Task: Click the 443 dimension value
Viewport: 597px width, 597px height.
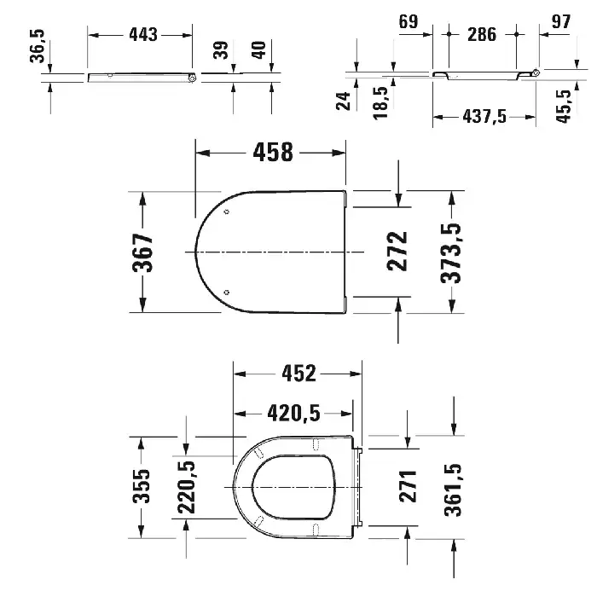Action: (143, 35)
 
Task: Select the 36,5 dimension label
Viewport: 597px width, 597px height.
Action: (38, 46)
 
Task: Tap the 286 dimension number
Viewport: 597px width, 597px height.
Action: (482, 35)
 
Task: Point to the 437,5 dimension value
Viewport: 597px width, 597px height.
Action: (484, 116)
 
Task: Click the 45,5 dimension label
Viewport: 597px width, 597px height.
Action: (564, 107)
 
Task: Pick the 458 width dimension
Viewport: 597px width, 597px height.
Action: (273, 152)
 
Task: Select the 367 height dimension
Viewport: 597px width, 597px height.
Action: (142, 252)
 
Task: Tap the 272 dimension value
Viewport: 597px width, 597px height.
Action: (397, 252)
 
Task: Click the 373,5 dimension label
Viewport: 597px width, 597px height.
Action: (451, 253)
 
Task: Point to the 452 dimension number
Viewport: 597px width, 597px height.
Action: (298, 374)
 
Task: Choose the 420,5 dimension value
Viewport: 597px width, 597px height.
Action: (293, 414)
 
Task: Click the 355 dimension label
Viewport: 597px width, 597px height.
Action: (142, 486)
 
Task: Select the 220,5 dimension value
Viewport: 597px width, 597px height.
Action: (186, 487)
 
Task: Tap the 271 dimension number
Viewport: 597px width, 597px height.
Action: (408, 486)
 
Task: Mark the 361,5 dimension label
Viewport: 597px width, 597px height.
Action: (453, 490)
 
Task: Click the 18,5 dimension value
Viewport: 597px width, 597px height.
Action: (380, 103)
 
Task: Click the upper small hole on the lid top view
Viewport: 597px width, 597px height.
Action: (227, 212)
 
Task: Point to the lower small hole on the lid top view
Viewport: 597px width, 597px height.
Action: (227, 293)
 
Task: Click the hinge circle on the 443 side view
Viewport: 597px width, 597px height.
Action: (192, 78)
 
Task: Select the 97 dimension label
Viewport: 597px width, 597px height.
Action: (561, 21)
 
